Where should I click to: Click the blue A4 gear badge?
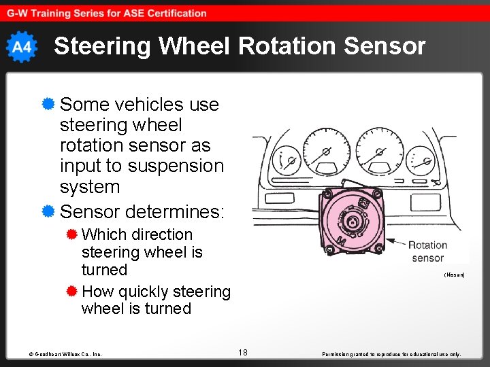[x=21, y=47]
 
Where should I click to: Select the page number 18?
[x=243, y=352]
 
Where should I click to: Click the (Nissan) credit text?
[x=454, y=275]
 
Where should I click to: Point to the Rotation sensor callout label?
[x=427, y=251]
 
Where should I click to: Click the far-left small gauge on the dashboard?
[x=287, y=162]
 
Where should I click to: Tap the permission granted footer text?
[x=393, y=354]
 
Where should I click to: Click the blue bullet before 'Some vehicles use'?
[x=48, y=104]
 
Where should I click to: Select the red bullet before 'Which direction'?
[x=71, y=234]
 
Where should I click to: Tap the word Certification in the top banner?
[x=175, y=13]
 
